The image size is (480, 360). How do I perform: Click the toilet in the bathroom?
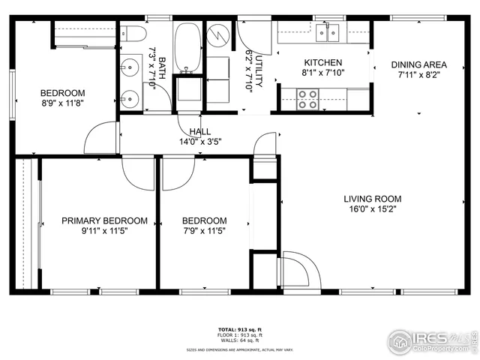coord(133,34)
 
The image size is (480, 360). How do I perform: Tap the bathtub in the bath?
coord(187,46)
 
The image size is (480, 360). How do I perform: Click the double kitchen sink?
coord(328,31)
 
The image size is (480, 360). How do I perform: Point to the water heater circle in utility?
coord(218,35)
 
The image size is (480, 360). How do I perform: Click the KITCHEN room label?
coord(322,62)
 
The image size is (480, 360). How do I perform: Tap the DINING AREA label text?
coord(418,64)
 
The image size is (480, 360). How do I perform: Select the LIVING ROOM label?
coord(372,199)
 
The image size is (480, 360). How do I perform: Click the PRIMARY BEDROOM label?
coord(104,220)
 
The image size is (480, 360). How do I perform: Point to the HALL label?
coord(199,131)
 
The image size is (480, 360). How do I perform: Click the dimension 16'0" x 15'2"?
coord(372,209)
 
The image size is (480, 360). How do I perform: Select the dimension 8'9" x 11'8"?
coord(63,104)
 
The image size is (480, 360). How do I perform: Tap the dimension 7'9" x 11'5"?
coord(205,231)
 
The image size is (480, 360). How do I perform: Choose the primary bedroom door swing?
coord(137,174)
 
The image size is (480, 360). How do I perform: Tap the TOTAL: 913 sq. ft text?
coord(239,329)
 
